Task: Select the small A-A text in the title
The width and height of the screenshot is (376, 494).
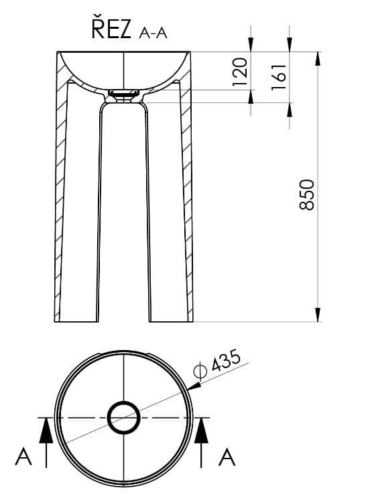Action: pos(153,33)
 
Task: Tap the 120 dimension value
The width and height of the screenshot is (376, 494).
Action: pos(239,72)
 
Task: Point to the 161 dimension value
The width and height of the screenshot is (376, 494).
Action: pos(279,77)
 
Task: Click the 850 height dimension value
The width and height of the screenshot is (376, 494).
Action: pos(306,195)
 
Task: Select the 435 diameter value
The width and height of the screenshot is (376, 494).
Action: pos(226,361)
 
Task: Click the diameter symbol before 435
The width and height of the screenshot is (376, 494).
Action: pos(200,371)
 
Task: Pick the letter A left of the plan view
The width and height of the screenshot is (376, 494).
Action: pos(23,457)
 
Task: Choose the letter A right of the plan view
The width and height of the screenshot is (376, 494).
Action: pos(227,457)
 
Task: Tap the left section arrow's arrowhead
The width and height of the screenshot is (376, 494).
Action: pos(46,430)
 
